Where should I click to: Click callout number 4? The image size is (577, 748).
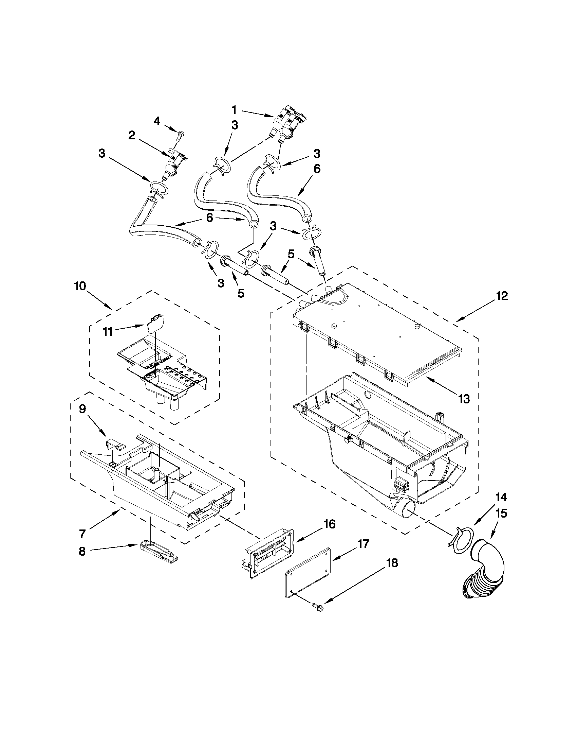(x=157, y=121)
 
